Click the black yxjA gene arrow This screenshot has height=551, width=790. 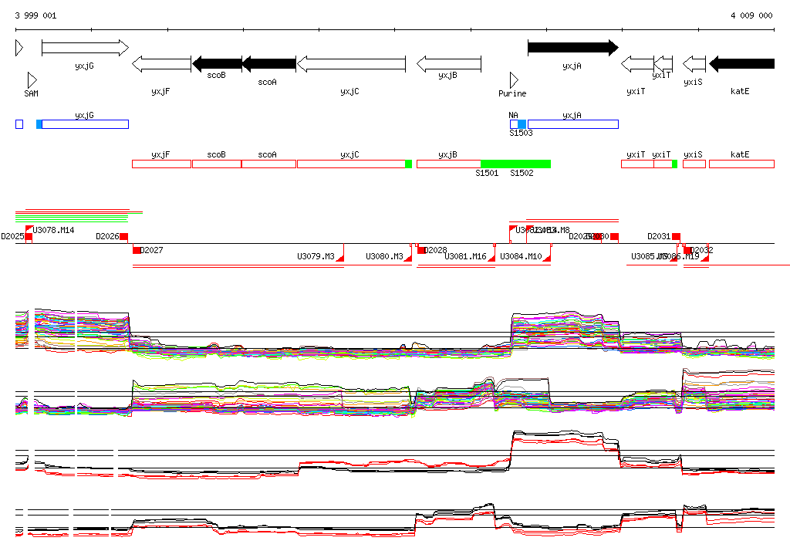pos(572,48)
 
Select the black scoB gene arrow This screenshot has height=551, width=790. pos(217,63)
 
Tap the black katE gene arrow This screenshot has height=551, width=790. pos(741,63)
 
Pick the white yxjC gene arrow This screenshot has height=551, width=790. pos(351,63)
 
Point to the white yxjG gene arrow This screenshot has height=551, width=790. pos(85,48)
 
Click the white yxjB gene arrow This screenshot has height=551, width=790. pos(449,63)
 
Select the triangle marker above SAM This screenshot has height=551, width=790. pos(32,79)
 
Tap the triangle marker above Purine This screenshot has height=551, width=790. pos(514,79)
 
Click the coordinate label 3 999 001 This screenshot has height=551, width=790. pos(35,15)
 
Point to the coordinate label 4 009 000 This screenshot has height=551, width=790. pos(751,15)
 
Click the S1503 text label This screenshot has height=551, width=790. pos(521,133)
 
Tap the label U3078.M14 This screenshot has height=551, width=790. pos(53,230)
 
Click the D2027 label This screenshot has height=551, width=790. pos(152,250)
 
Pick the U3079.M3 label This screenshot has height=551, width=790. pos(316,256)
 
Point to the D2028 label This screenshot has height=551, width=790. pos(436,250)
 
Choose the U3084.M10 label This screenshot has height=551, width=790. pos(521,256)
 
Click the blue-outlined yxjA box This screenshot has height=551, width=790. pos(572,124)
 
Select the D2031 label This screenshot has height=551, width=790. pos(659,236)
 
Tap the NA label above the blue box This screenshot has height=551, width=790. pos(513,116)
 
